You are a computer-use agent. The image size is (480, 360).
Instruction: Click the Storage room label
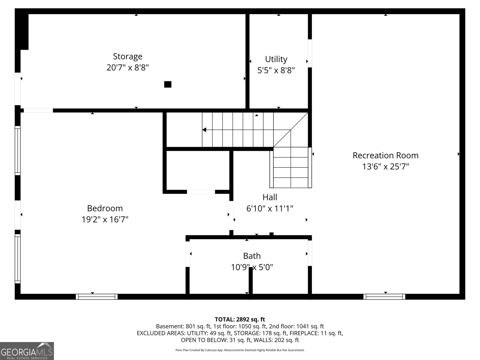click(127, 56)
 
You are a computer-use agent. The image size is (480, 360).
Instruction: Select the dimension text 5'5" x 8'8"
click(276, 70)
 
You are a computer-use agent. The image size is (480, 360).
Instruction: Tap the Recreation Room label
click(385, 155)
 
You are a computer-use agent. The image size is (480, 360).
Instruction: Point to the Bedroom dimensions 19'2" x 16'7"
click(105, 220)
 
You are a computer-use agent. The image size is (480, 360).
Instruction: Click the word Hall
click(270, 197)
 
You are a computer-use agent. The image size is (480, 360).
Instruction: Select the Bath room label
click(252, 256)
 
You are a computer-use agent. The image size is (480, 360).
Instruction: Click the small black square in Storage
click(168, 84)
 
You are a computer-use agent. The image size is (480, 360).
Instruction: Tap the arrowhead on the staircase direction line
click(204, 130)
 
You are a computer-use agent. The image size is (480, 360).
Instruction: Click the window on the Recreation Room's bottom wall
click(384, 297)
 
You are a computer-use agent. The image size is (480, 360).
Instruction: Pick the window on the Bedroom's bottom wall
click(97, 297)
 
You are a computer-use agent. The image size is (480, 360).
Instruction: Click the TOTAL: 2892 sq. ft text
click(240, 319)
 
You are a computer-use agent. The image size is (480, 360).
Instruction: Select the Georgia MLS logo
click(27, 351)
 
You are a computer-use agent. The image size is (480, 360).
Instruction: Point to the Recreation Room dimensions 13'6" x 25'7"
click(385, 166)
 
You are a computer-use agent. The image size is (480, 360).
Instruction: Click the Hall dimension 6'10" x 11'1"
click(270, 208)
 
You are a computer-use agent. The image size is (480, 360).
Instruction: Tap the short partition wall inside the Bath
click(250, 283)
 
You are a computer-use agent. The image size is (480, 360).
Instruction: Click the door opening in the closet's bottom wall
click(201, 192)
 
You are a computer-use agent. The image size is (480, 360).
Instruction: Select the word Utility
click(276, 59)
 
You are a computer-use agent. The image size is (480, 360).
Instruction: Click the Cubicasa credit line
click(240, 350)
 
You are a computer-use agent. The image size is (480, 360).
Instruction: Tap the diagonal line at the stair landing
click(290, 130)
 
